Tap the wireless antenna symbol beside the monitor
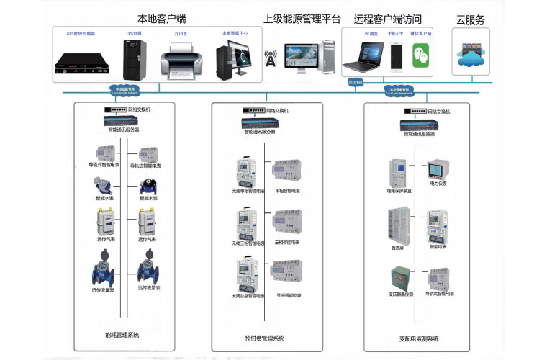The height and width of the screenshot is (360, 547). [x=271, y=58]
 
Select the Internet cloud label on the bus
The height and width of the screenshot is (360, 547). [x=356, y=83]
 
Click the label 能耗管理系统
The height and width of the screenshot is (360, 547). [x=122, y=335]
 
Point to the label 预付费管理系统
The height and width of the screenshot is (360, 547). [x=265, y=338]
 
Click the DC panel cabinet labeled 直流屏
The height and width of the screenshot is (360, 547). [x=398, y=222]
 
